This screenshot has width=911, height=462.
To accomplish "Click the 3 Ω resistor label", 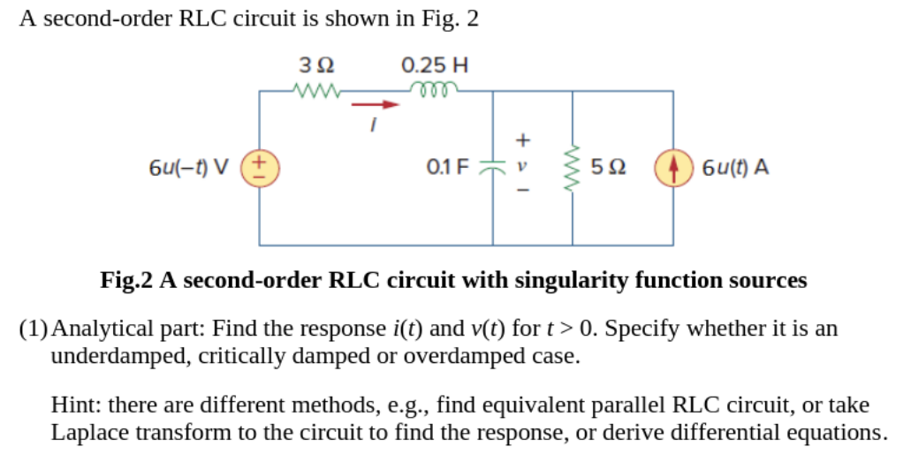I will pos(315,65).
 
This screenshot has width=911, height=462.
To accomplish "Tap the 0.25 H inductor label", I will pos(434,65).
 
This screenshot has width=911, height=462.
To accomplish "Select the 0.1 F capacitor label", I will pos(447,166).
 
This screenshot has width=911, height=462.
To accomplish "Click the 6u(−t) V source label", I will pos(187,167).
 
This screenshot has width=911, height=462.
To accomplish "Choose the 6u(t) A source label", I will pos(734,167).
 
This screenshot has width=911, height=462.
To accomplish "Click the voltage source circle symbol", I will pos(259,167).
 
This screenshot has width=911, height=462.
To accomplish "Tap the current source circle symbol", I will pos(672,167).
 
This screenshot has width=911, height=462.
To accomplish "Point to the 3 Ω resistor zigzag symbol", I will pos(315,89).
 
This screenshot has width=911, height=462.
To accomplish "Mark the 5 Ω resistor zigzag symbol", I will pos(573,167).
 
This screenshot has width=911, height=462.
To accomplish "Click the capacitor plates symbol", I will pos(492,167).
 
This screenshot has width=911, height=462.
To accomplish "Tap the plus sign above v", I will pos(522,140).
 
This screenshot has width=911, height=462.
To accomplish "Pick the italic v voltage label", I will pos(522,165).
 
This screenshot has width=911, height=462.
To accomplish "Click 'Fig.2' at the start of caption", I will pos(126,281).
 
